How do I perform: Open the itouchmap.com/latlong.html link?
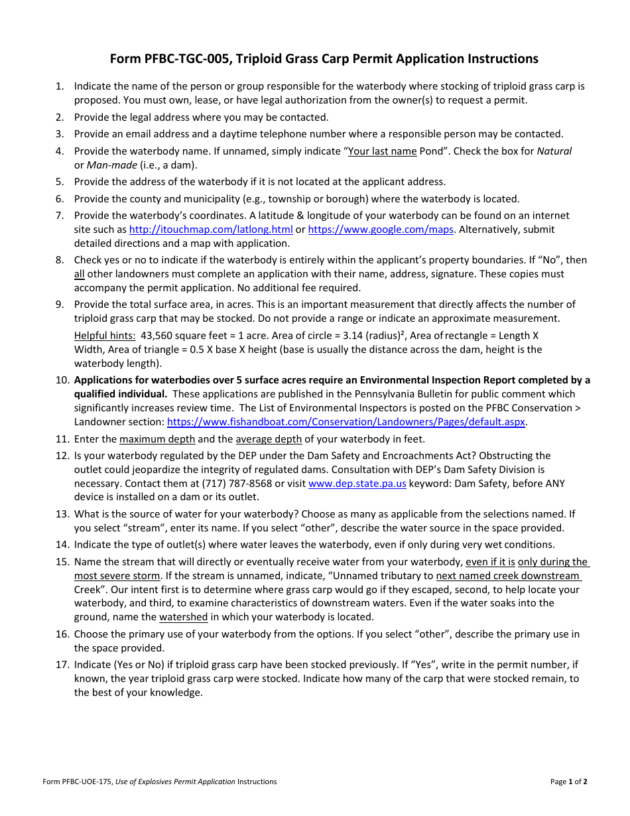coord(211,230)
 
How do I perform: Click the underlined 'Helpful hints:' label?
coord(105,335)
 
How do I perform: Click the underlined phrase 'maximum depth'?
coord(157,439)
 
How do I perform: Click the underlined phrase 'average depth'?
coord(269,439)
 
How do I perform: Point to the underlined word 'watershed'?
coord(183,617)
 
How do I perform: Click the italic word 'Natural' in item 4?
coord(554,151)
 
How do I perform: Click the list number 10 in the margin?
coord(62,381)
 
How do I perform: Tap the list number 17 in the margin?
coord(62,665)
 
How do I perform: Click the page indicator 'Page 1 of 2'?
coord(568,782)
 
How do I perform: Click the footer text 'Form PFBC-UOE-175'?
coord(78,782)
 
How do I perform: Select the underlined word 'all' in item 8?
coord(80,274)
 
